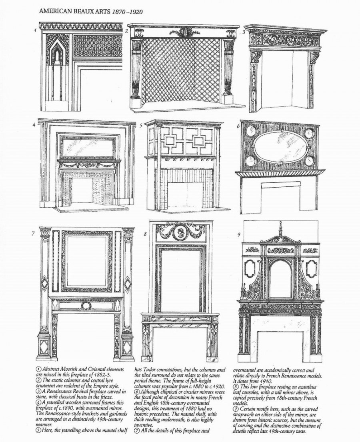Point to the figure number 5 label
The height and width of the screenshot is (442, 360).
pos(141,125)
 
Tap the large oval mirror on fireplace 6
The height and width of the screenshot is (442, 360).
pos(280,146)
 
